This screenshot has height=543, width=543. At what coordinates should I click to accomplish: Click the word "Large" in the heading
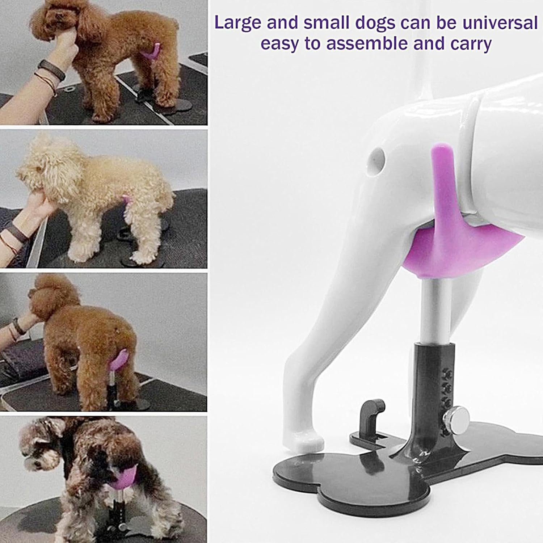coord(238,23)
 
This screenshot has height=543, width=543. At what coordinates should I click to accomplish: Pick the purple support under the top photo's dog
coord(150,52)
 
